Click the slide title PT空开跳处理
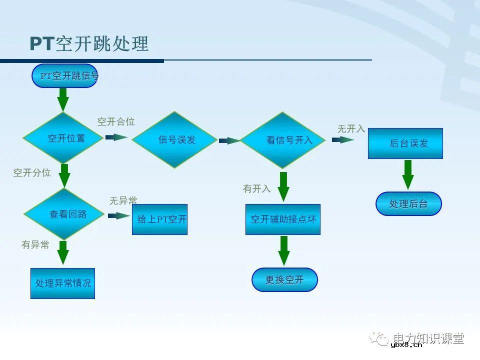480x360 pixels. click(89, 44)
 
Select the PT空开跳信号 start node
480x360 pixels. click(65, 76)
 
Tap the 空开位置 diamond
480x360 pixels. click(63, 138)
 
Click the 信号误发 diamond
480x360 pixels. click(174, 139)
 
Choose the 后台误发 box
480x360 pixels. click(405, 143)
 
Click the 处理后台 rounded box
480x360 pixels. click(408, 203)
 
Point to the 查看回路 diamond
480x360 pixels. click(64, 214)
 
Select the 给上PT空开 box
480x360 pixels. click(159, 219)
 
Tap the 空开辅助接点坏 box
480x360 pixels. click(283, 219)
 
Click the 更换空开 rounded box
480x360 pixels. click(284, 279)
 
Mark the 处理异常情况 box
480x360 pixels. click(62, 283)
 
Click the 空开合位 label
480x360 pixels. click(116, 121)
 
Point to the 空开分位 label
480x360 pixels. click(32, 172)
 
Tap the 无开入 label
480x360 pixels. click(351, 128)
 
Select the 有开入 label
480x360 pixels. click(257, 188)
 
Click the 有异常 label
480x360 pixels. click(35, 244)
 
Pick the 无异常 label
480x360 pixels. click(123, 200)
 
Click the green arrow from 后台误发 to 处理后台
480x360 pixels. click(408, 174)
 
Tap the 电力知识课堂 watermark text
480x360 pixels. click(427, 338)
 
